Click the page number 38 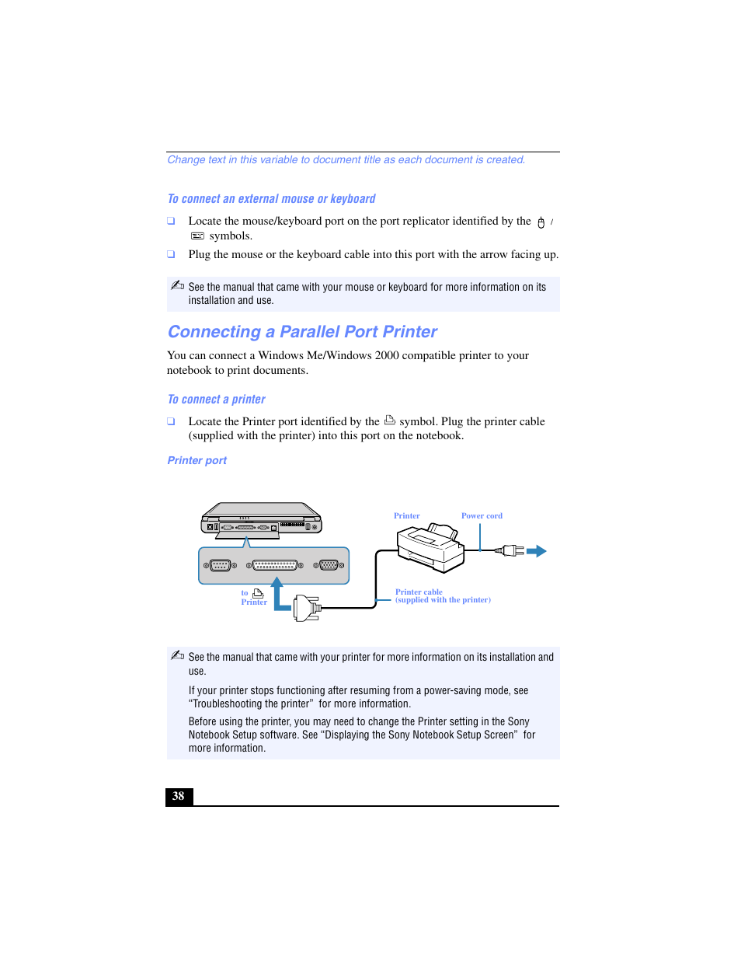pos(179,796)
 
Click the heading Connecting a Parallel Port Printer pos(302,332)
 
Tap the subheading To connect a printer pos(216,400)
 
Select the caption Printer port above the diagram pos(197,460)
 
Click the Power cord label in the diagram pos(482,516)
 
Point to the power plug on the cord pos(511,551)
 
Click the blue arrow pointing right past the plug pos(537,551)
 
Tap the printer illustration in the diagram pos(430,547)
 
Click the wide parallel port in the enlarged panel pos(275,565)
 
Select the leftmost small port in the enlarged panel pos(220,565)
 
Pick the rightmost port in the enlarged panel pos(329,565)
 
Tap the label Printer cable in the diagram pos(419,592)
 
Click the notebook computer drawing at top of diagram pos(261,519)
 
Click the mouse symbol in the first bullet pos(541,223)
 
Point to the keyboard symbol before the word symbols pos(197,236)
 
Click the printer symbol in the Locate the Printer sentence pos(390,421)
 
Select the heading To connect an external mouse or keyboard pos(271,199)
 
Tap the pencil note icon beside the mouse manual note pos(177,285)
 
